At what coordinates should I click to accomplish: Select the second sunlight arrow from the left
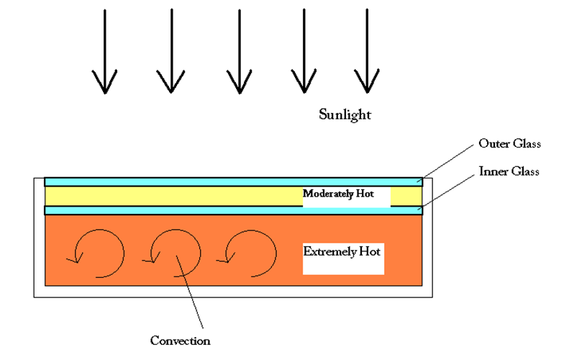171,50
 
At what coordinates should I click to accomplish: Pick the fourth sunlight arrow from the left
304,50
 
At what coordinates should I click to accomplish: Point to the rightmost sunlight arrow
367,50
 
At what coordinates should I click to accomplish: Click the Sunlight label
345,115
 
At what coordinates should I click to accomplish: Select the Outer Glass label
509,143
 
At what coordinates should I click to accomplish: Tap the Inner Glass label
509,171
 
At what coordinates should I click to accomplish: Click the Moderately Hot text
338,194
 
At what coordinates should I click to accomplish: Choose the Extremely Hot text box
344,259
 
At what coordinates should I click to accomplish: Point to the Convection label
180,341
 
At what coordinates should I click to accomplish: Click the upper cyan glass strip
233,181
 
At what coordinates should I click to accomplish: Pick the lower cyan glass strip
233,210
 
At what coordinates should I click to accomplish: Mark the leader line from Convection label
190,292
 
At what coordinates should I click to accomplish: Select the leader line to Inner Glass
446,192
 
